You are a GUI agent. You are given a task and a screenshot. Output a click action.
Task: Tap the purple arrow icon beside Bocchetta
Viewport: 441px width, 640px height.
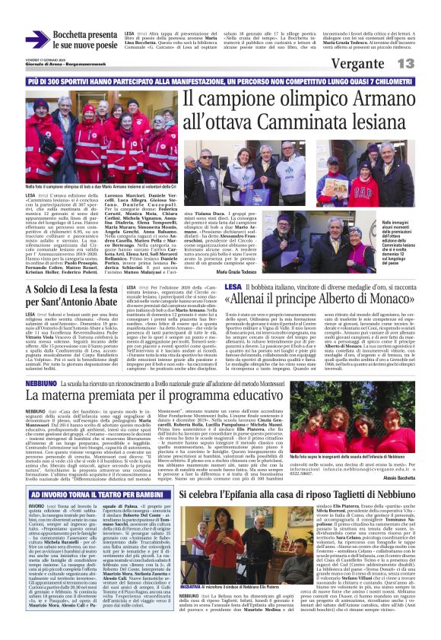click(36, 40)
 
